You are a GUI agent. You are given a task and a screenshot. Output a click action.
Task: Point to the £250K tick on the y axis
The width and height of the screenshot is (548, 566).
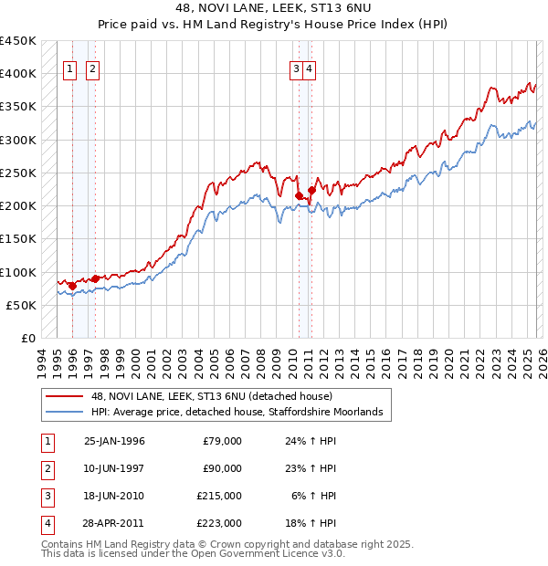coord(18,173)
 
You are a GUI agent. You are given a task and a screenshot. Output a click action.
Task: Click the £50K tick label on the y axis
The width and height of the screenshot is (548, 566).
coord(21,305)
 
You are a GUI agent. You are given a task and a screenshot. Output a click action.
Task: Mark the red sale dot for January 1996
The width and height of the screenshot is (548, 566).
coord(73,286)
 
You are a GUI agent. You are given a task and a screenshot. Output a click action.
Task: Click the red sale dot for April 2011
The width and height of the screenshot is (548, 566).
coord(311,190)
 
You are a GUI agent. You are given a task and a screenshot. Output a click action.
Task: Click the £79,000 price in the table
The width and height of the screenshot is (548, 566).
coord(222,441)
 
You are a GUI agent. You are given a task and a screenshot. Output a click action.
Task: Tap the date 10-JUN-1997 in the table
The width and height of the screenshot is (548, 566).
coord(114,468)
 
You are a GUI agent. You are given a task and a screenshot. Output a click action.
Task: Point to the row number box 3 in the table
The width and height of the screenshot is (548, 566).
coord(47,496)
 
